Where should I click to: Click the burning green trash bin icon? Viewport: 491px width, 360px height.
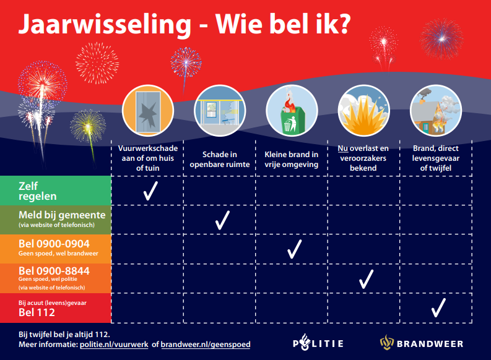291,111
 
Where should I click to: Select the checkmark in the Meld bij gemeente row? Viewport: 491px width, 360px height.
222,220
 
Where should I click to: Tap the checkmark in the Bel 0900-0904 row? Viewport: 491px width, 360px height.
293,249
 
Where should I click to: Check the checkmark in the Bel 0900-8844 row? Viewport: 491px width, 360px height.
366,278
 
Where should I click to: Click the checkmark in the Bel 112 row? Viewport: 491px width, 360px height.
438,307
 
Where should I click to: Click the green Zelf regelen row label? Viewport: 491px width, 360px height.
56,191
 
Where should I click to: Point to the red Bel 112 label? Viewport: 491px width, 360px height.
56,307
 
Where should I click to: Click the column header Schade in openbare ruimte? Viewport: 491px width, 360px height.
220,159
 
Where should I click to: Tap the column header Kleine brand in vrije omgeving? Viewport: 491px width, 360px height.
292,159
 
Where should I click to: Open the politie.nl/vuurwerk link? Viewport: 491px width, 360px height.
114,344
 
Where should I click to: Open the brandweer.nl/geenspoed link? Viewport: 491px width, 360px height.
206,344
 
